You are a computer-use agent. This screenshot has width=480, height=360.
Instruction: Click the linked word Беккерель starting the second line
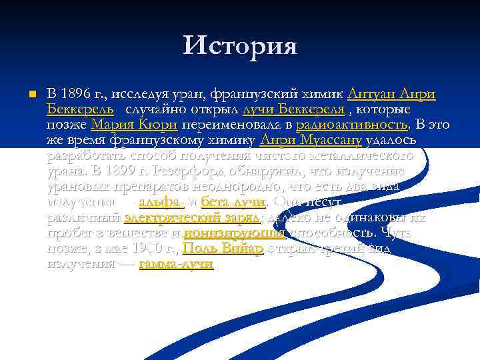[x=79, y=109]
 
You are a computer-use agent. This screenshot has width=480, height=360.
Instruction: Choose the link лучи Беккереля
[x=294, y=109]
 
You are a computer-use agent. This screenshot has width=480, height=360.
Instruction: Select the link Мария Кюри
[x=134, y=125]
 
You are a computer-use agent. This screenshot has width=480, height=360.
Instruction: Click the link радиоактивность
[x=351, y=125]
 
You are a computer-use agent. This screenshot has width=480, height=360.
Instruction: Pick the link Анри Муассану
[x=311, y=140]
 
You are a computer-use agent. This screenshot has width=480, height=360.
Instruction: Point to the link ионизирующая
[x=234, y=233]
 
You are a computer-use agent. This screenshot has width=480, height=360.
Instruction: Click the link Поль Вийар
[x=223, y=249]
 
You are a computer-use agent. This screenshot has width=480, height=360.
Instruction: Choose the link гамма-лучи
[x=176, y=264]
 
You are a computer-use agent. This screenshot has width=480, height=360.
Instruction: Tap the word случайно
[x=158, y=109]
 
